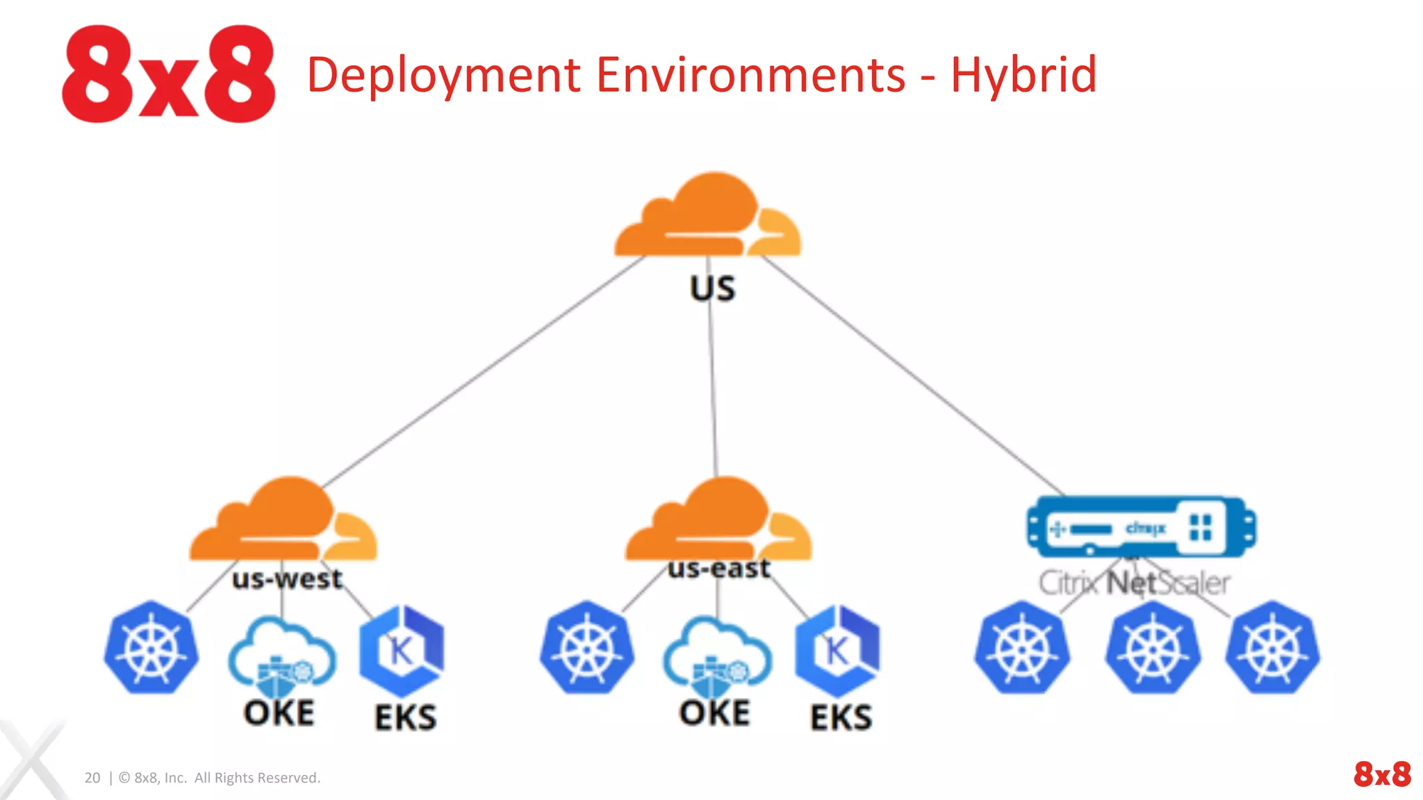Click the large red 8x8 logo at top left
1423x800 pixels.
[169, 74]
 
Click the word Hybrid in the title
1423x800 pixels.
[1023, 75]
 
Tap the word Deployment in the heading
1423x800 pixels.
[443, 75]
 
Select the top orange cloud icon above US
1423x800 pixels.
[707, 217]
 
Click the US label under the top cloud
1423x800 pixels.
[712, 288]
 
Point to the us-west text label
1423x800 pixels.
[287, 578]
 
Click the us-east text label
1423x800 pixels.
[718, 568]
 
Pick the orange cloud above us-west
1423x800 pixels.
[283, 521]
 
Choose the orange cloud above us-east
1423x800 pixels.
[718, 521]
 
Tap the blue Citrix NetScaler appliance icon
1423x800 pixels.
[1141, 527]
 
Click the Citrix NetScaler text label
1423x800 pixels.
[1134, 583]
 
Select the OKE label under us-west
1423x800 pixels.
[279, 712]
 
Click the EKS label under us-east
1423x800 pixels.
[841, 717]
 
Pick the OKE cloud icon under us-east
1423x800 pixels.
[717, 657]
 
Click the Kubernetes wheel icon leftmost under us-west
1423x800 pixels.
[151, 647]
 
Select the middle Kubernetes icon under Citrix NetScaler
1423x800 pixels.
[1153, 648]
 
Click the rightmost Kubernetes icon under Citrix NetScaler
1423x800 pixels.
[1272, 648]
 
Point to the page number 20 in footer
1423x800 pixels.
[92, 778]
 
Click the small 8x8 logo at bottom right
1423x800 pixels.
[1382, 774]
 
